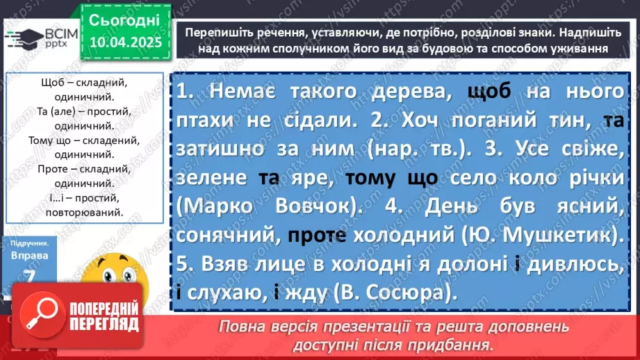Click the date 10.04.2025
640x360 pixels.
coord(125,43)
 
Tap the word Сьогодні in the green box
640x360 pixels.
coord(124,19)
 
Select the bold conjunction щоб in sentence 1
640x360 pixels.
coord(489,92)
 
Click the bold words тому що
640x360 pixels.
coord(391,179)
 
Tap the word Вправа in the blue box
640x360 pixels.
coord(29,256)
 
